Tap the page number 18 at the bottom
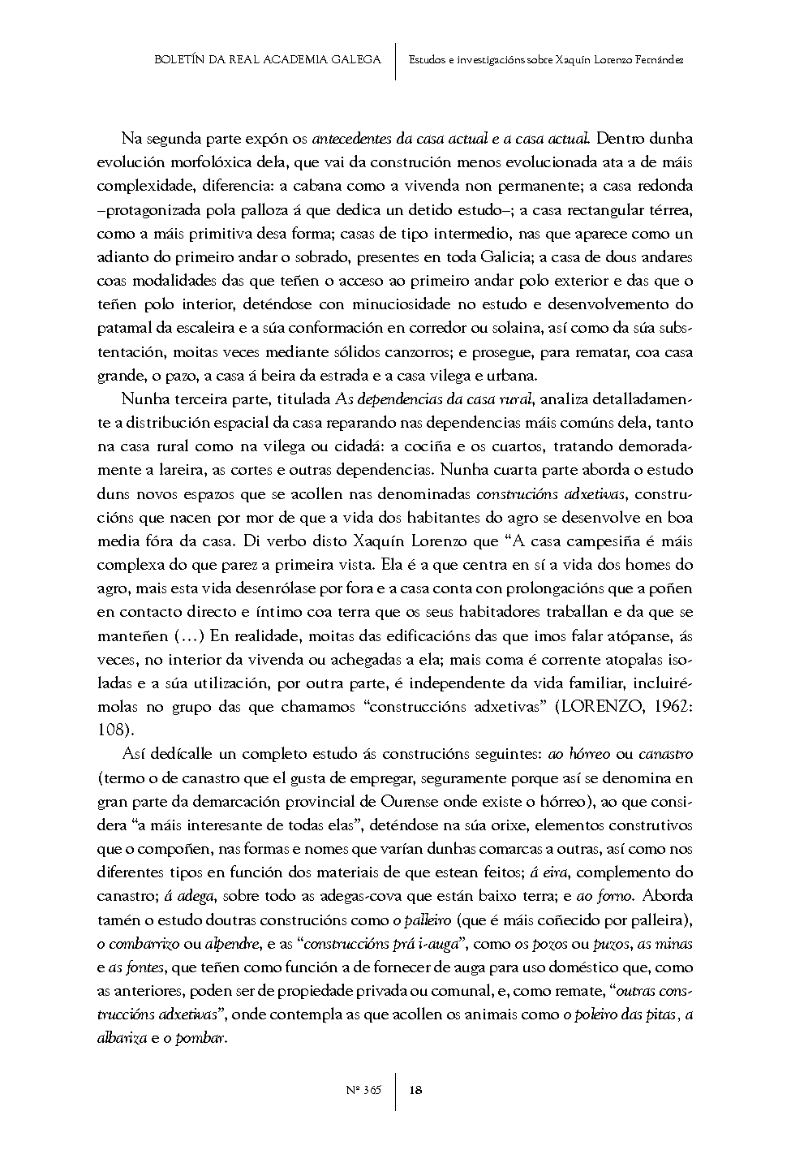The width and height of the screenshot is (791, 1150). (x=415, y=1090)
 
